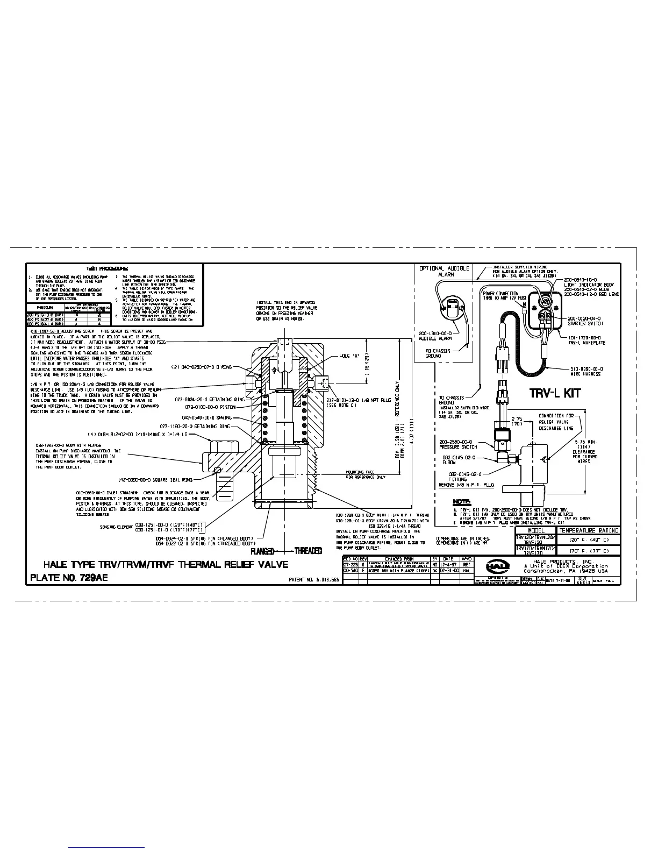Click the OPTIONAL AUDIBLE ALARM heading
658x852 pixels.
pos(445,271)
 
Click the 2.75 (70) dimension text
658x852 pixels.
pos(517,421)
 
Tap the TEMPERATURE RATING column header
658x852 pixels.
pos(589,530)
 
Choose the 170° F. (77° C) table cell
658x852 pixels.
pos(589,551)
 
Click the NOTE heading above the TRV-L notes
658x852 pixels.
pos(462,501)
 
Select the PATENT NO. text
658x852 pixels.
pos(314,580)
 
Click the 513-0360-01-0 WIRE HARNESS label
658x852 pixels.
pos(585,371)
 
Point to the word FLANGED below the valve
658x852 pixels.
pos(263,551)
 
